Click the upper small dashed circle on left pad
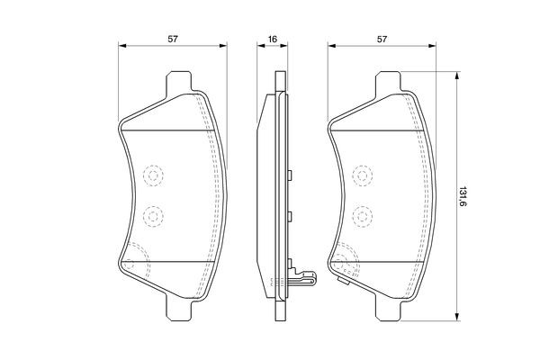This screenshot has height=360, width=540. pos(152,175)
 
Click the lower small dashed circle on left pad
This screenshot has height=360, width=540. pos(152,216)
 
